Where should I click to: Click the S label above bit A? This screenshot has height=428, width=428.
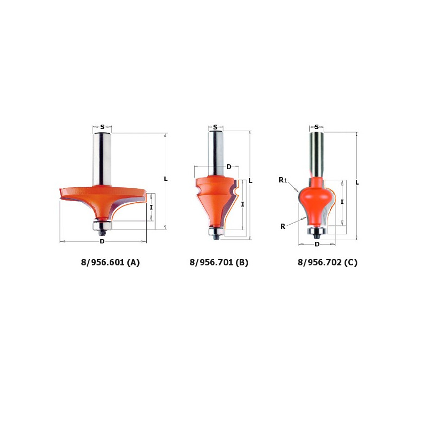(x=102, y=127)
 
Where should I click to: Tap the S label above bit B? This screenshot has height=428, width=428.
(x=216, y=127)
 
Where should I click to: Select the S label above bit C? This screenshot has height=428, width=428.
(x=317, y=127)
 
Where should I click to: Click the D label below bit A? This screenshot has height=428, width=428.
(x=102, y=241)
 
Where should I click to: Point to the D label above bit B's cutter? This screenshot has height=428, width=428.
(x=229, y=166)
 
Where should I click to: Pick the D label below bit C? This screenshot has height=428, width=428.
(x=317, y=244)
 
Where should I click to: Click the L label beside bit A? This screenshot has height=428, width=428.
(x=165, y=179)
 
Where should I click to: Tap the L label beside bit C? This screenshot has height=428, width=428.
(x=357, y=182)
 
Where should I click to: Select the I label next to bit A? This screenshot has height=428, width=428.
(x=151, y=208)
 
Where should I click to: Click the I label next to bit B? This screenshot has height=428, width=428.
(x=242, y=204)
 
